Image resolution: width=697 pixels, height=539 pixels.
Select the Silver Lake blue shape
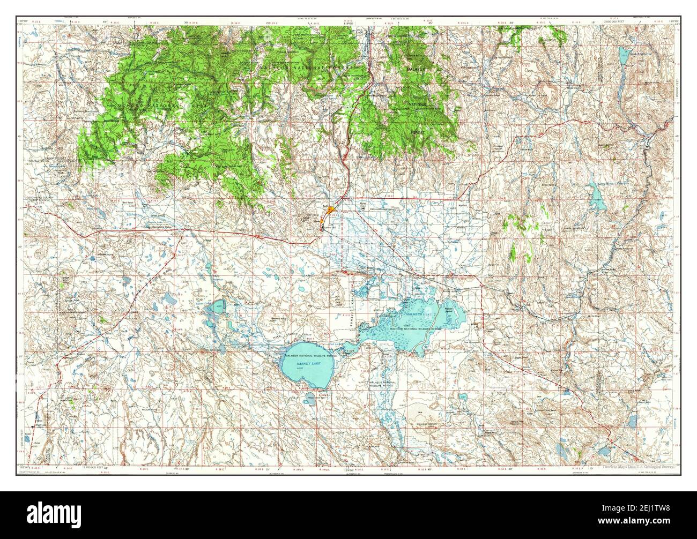(217, 307)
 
